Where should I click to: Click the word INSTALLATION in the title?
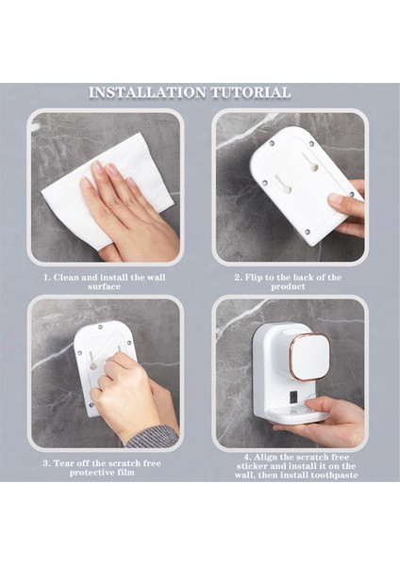click(x=147, y=92)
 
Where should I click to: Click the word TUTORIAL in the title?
click(x=251, y=92)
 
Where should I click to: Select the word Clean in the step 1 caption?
click(x=66, y=278)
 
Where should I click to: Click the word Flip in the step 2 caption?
click(x=252, y=278)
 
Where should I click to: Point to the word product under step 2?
click(x=288, y=287)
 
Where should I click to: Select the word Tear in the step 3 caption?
click(x=62, y=463)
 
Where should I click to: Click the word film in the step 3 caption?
click(x=125, y=472)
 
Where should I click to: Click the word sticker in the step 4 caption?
click(x=251, y=466)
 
